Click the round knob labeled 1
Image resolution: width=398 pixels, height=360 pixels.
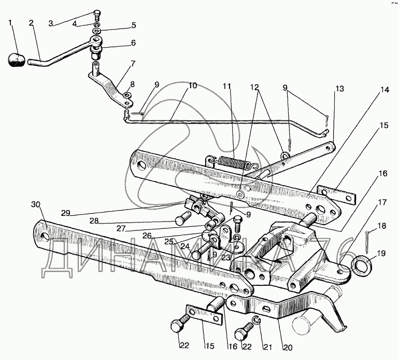point(17,60)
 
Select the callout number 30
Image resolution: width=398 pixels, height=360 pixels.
point(36,204)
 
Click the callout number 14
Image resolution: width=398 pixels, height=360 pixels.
point(385,90)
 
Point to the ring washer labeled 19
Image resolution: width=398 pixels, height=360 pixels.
point(362,266)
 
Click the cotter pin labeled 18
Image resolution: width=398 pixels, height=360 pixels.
point(366,242)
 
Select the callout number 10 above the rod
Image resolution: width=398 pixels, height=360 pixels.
point(192,86)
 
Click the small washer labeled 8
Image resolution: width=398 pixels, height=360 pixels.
point(127,95)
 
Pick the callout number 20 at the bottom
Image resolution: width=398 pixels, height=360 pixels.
point(288,348)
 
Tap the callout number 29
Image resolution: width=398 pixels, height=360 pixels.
point(65,213)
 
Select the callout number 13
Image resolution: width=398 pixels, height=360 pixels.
point(339,89)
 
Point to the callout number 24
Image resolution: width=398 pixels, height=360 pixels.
point(185,246)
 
